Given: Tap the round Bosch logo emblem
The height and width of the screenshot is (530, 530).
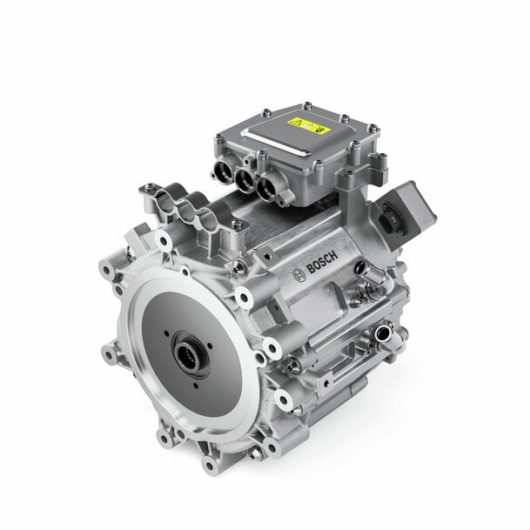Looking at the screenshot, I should point(299,275).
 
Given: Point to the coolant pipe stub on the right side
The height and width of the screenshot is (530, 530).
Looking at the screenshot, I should point(381,332).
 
